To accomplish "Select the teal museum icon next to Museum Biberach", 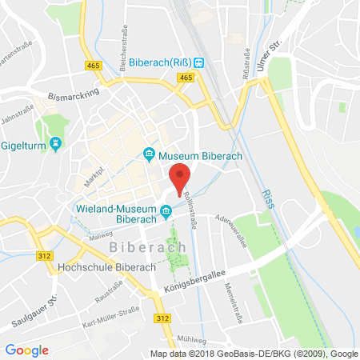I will (x=148, y=154).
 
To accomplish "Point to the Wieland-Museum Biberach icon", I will (x=166, y=211).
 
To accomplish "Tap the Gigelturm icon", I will (x=54, y=144).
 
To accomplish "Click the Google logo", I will (x=26, y=350).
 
